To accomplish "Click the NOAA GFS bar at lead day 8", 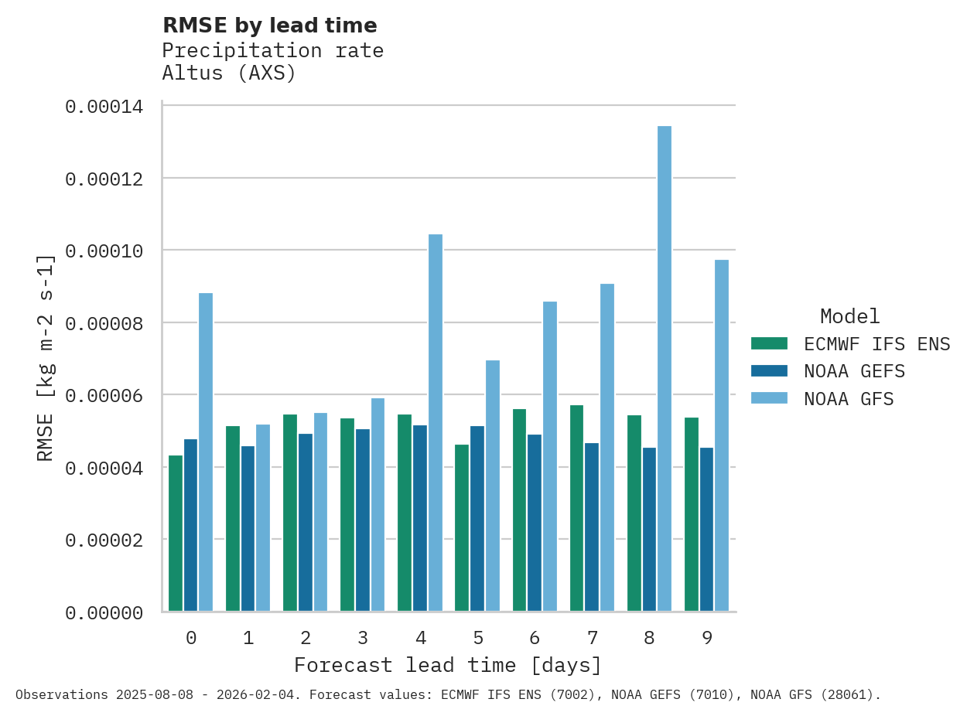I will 665,368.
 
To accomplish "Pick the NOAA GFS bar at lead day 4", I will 436,422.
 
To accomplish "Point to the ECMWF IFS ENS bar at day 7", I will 577,507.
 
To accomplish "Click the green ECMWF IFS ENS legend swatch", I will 769,343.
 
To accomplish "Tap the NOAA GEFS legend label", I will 854,371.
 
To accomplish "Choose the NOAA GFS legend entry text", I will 849,399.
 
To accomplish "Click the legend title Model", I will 849,316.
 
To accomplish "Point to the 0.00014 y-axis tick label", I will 104,107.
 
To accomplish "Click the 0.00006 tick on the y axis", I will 104,396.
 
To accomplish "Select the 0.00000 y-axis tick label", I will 104,613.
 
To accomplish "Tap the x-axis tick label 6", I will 535,638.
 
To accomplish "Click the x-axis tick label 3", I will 363,638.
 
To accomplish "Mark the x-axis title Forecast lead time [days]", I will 448,665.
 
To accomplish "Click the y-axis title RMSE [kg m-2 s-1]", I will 46,357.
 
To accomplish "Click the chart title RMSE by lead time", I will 270,26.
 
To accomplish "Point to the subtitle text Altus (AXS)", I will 229,73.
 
